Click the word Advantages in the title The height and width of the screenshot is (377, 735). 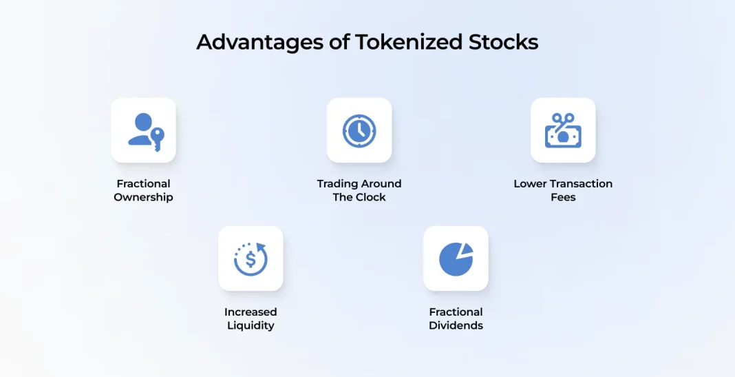[x=260, y=43]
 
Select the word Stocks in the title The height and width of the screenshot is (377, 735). [x=504, y=42]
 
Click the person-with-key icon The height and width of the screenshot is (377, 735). [x=146, y=132]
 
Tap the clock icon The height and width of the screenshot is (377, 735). [x=359, y=131]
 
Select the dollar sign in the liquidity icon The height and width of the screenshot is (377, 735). [x=251, y=258]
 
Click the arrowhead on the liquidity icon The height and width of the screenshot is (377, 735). [x=261, y=247]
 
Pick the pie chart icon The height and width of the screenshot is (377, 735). [x=456, y=258]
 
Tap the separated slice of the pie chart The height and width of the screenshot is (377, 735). [x=467, y=249]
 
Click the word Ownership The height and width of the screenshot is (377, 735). [x=143, y=198]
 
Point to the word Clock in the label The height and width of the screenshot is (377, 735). [x=372, y=197]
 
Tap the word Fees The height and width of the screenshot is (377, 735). [x=563, y=197]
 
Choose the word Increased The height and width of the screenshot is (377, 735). [x=251, y=312]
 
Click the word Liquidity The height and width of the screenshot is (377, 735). [x=251, y=326]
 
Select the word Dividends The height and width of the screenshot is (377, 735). [x=456, y=325]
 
